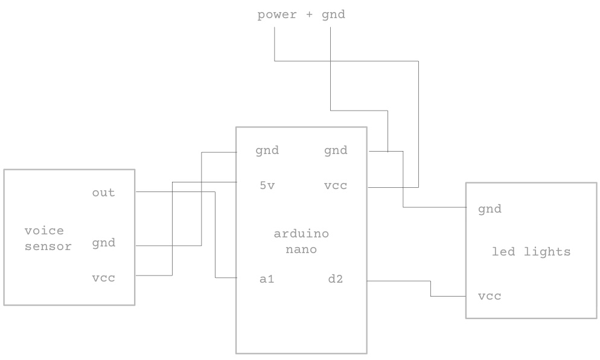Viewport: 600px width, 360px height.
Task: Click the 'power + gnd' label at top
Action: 301,14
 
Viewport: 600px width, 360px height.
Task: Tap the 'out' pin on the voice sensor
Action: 103,193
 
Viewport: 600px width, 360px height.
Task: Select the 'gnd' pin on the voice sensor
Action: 103,243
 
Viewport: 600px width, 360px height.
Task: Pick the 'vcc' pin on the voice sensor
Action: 103,278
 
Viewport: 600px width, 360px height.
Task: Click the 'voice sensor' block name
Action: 48,239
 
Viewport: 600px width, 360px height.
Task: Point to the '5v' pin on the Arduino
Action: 267,186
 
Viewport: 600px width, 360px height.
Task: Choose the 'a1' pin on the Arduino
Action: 267,279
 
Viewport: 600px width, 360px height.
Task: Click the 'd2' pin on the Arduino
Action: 336,279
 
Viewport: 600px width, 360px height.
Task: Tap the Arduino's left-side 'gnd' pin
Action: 267,150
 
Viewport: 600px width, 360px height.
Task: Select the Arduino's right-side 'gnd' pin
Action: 336,150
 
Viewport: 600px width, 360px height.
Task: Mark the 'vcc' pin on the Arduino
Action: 336,186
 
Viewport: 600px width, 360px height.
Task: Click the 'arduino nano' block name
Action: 301,242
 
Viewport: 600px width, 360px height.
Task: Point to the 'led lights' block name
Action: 531,252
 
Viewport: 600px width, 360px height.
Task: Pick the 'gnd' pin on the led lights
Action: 490,210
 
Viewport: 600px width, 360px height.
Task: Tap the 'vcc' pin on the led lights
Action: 490,297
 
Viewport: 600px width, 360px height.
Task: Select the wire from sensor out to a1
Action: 215,236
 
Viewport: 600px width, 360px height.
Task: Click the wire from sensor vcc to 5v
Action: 172,230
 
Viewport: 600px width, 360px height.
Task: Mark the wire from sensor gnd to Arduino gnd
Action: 201,199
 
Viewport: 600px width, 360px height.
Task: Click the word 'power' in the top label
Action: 277,14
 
